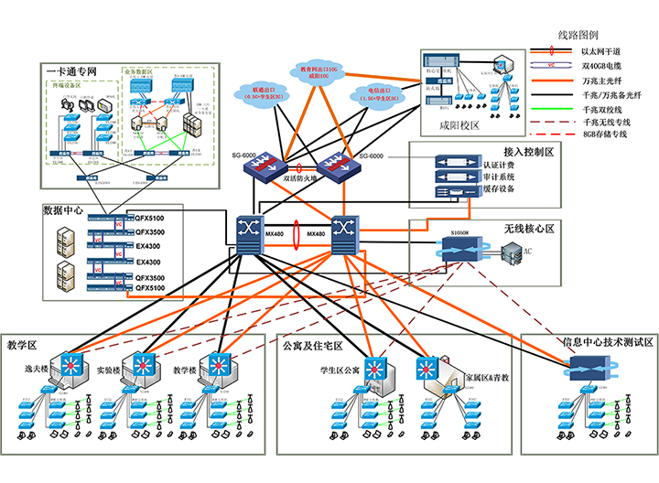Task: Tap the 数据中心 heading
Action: point(65,209)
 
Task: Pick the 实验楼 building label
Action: point(112,371)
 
